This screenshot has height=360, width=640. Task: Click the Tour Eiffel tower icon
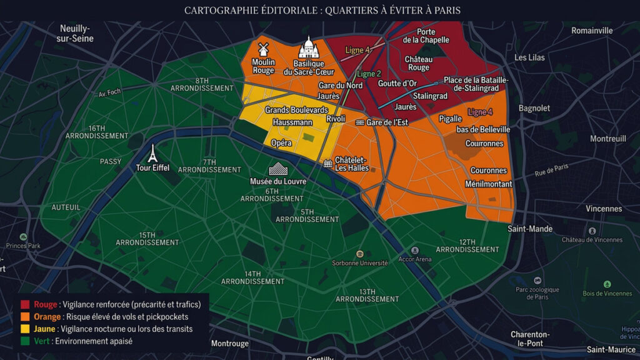pos(152,153)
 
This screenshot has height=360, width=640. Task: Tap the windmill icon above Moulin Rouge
pos(263,49)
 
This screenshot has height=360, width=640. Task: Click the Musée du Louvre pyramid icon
pos(277,169)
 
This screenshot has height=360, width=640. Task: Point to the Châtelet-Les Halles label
pos(351,164)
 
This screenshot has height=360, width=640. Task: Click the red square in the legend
pos(25,304)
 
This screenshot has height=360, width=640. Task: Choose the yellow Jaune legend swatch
pos(25,329)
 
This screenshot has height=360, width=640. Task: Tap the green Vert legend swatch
pos(25,341)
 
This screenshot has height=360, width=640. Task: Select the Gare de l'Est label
pos(387,122)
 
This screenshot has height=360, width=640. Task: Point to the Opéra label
pos(281,143)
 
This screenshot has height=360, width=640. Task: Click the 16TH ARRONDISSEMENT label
pos(97,132)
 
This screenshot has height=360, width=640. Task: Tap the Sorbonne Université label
pos(360,263)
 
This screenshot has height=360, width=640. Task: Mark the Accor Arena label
pos(415,259)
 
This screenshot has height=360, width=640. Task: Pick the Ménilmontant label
pos(489,184)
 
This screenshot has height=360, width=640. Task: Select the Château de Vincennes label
pos(592,240)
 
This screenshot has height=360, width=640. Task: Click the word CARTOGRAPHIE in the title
pos(220,11)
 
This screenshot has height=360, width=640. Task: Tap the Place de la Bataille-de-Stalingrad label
pos(476,84)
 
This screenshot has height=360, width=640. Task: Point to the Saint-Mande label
pos(530,229)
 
